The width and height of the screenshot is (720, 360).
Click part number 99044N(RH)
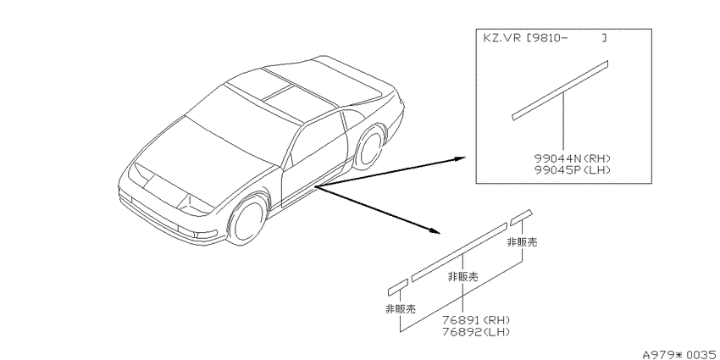[x=572, y=159]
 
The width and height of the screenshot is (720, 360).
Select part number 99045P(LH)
[x=572, y=170]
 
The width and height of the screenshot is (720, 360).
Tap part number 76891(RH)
[x=476, y=320]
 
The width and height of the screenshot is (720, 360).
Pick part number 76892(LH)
[x=476, y=331]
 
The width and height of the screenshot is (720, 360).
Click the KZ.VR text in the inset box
[x=501, y=38]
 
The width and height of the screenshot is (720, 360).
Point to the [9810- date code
[x=546, y=38]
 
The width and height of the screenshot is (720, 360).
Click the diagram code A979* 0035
[x=680, y=354]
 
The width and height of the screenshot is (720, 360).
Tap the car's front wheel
[x=248, y=218]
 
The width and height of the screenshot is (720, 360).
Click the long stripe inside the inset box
[x=560, y=90]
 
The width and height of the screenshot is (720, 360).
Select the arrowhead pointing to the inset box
[x=460, y=158]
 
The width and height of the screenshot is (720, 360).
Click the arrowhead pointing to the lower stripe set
[x=435, y=230]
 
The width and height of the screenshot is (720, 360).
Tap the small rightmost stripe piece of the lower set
[x=521, y=216]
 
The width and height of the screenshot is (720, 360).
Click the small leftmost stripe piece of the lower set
[x=398, y=286]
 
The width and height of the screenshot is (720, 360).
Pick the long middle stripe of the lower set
[x=459, y=252]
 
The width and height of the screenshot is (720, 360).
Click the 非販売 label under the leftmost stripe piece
[x=401, y=309]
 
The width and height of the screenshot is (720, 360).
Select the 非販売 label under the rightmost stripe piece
[x=522, y=242]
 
